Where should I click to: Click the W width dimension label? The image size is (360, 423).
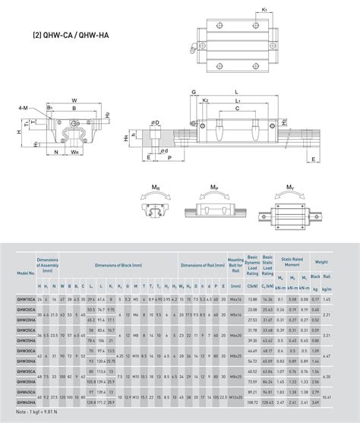73,99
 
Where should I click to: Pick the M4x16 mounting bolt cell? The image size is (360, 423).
235,300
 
